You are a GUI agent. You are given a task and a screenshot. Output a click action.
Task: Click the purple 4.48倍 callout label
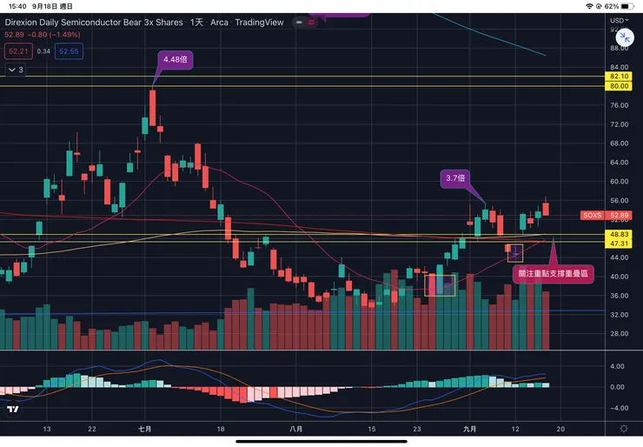171,60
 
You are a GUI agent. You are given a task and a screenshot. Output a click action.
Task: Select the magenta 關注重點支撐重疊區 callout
554,272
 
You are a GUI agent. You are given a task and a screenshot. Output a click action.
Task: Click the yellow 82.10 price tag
618,77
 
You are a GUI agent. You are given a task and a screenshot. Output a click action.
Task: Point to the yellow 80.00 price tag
618,86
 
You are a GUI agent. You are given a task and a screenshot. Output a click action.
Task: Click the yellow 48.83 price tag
618,235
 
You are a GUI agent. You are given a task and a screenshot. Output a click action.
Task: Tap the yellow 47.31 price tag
618,244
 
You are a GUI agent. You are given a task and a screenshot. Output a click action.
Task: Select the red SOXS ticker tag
592,215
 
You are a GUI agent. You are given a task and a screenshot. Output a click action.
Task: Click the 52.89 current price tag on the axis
618,215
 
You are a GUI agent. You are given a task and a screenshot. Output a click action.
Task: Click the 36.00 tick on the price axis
618,296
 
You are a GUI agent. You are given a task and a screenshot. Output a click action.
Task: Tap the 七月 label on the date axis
145,429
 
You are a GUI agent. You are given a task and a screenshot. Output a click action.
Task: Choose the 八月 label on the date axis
295,429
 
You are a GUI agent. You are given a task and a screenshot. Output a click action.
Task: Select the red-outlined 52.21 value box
17,52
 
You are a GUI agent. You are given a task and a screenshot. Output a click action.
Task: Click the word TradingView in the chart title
260,23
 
